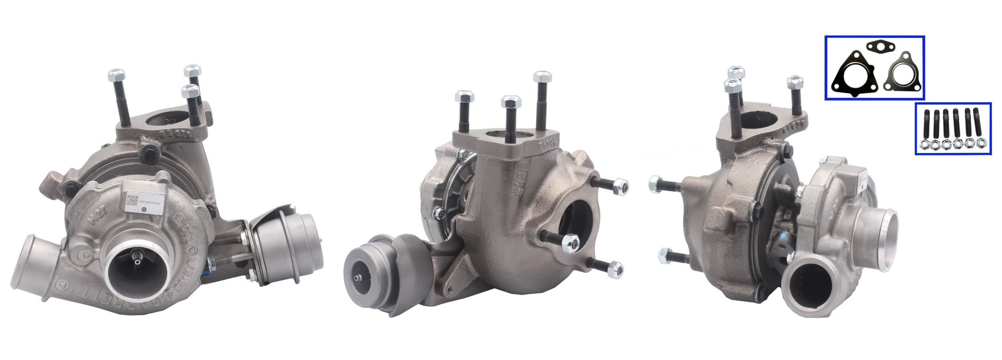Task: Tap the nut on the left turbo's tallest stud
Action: click(116, 75)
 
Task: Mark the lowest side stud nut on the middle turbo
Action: click(614, 269)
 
